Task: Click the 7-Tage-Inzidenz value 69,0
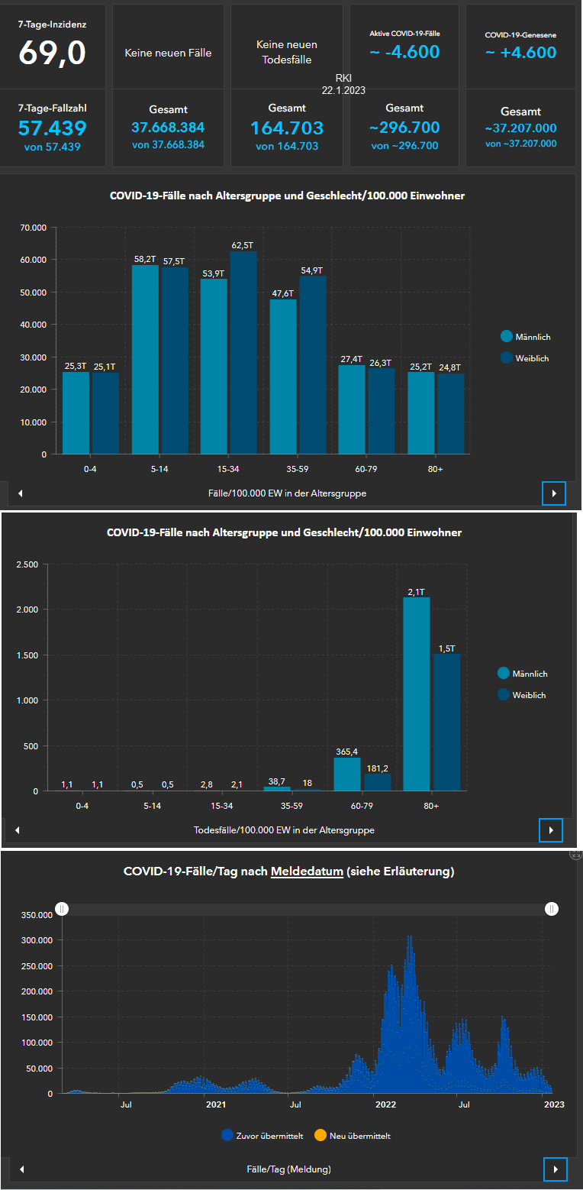click(x=53, y=52)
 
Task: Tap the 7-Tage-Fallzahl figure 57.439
click(x=53, y=128)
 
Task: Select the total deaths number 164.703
click(x=287, y=128)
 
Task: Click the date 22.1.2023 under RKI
click(x=343, y=90)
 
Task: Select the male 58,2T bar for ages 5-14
click(x=145, y=359)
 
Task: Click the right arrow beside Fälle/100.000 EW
click(x=554, y=493)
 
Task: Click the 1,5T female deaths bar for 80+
click(x=447, y=722)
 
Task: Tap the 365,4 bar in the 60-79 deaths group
click(x=347, y=774)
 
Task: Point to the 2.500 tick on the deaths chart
click(x=26, y=564)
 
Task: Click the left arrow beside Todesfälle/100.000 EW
click(x=17, y=829)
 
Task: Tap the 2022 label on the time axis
click(x=385, y=1104)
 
